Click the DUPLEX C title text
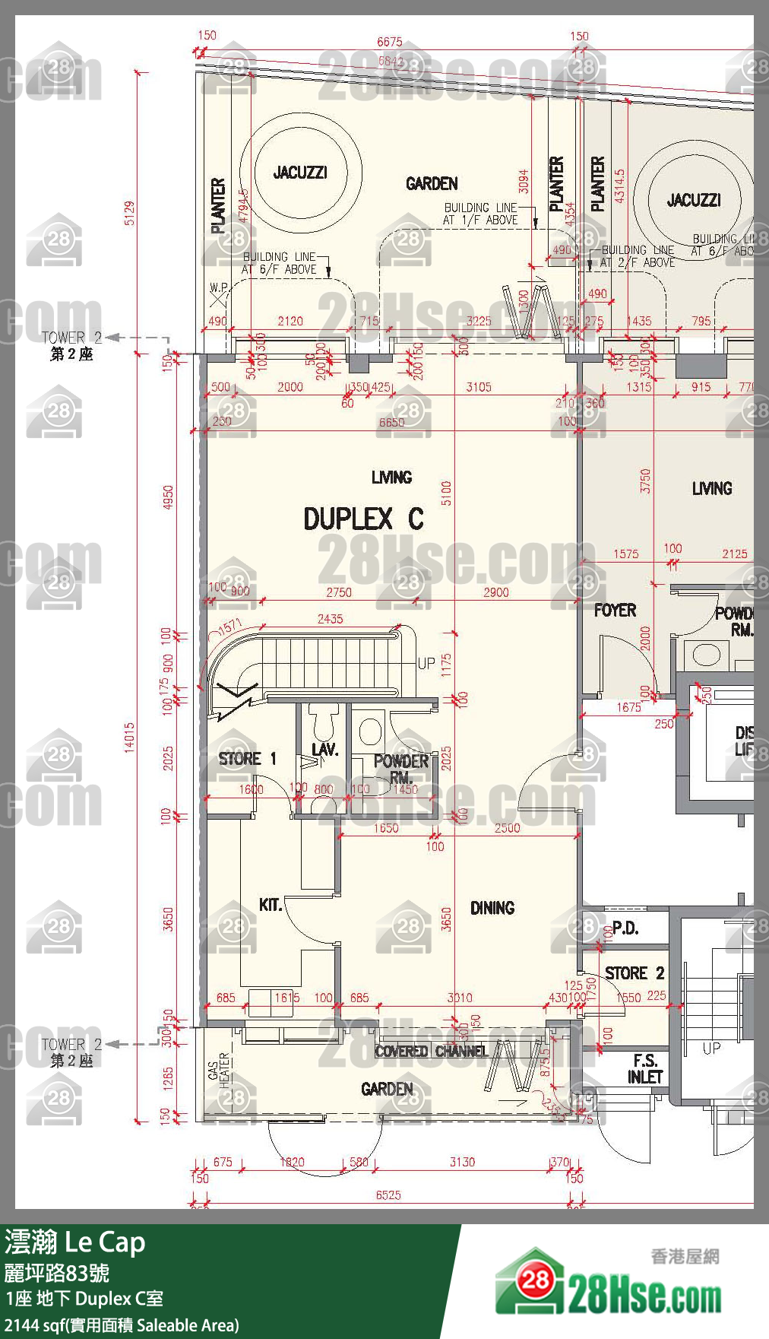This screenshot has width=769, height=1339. (x=363, y=519)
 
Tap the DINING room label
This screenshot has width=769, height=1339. (x=492, y=908)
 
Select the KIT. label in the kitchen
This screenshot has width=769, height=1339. (x=270, y=905)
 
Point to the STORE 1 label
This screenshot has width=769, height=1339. (x=247, y=759)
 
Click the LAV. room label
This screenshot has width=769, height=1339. (x=324, y=750)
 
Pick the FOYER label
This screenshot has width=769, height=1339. (x=615, y=611)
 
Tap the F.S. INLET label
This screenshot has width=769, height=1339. (x=644, y=1069)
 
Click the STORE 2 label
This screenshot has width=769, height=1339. (x=635, y=973)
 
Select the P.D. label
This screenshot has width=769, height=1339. (x=625, y=928)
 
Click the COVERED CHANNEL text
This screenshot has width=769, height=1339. (x=431, y=1052)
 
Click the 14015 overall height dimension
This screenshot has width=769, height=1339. (x=130, y=737)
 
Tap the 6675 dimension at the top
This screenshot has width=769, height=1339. (x=389, y=43)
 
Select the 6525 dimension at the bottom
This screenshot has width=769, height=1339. (x=388, y=1195)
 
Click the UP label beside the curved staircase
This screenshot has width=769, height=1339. (x=426, y=663)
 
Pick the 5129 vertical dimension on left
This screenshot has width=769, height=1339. (x=130, y=213)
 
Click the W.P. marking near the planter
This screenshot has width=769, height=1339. (x=218, y=288)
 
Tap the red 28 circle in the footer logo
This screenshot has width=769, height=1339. (x=535, y=1280)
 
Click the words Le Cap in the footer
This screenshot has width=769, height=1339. (x=104, y=1243)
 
